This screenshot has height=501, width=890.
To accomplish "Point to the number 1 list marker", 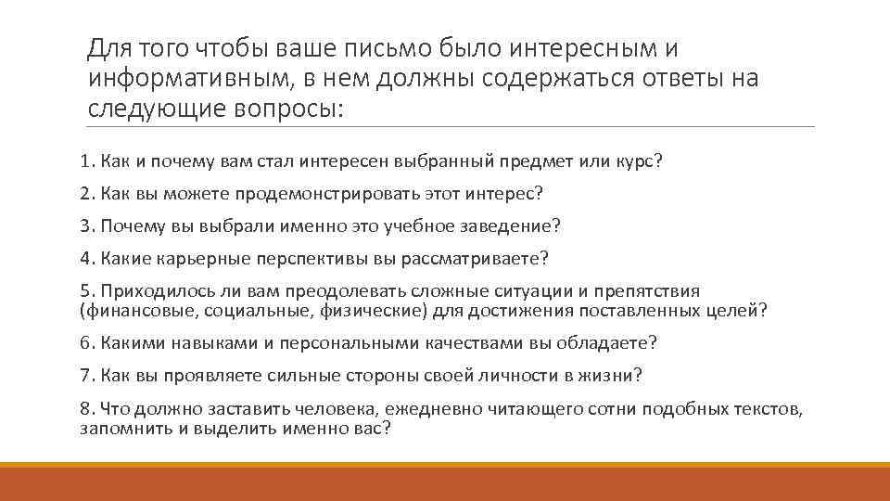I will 85,161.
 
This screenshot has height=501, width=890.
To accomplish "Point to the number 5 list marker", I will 85,289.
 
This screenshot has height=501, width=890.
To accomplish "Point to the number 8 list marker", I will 85,408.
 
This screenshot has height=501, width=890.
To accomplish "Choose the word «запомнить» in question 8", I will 119,429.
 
